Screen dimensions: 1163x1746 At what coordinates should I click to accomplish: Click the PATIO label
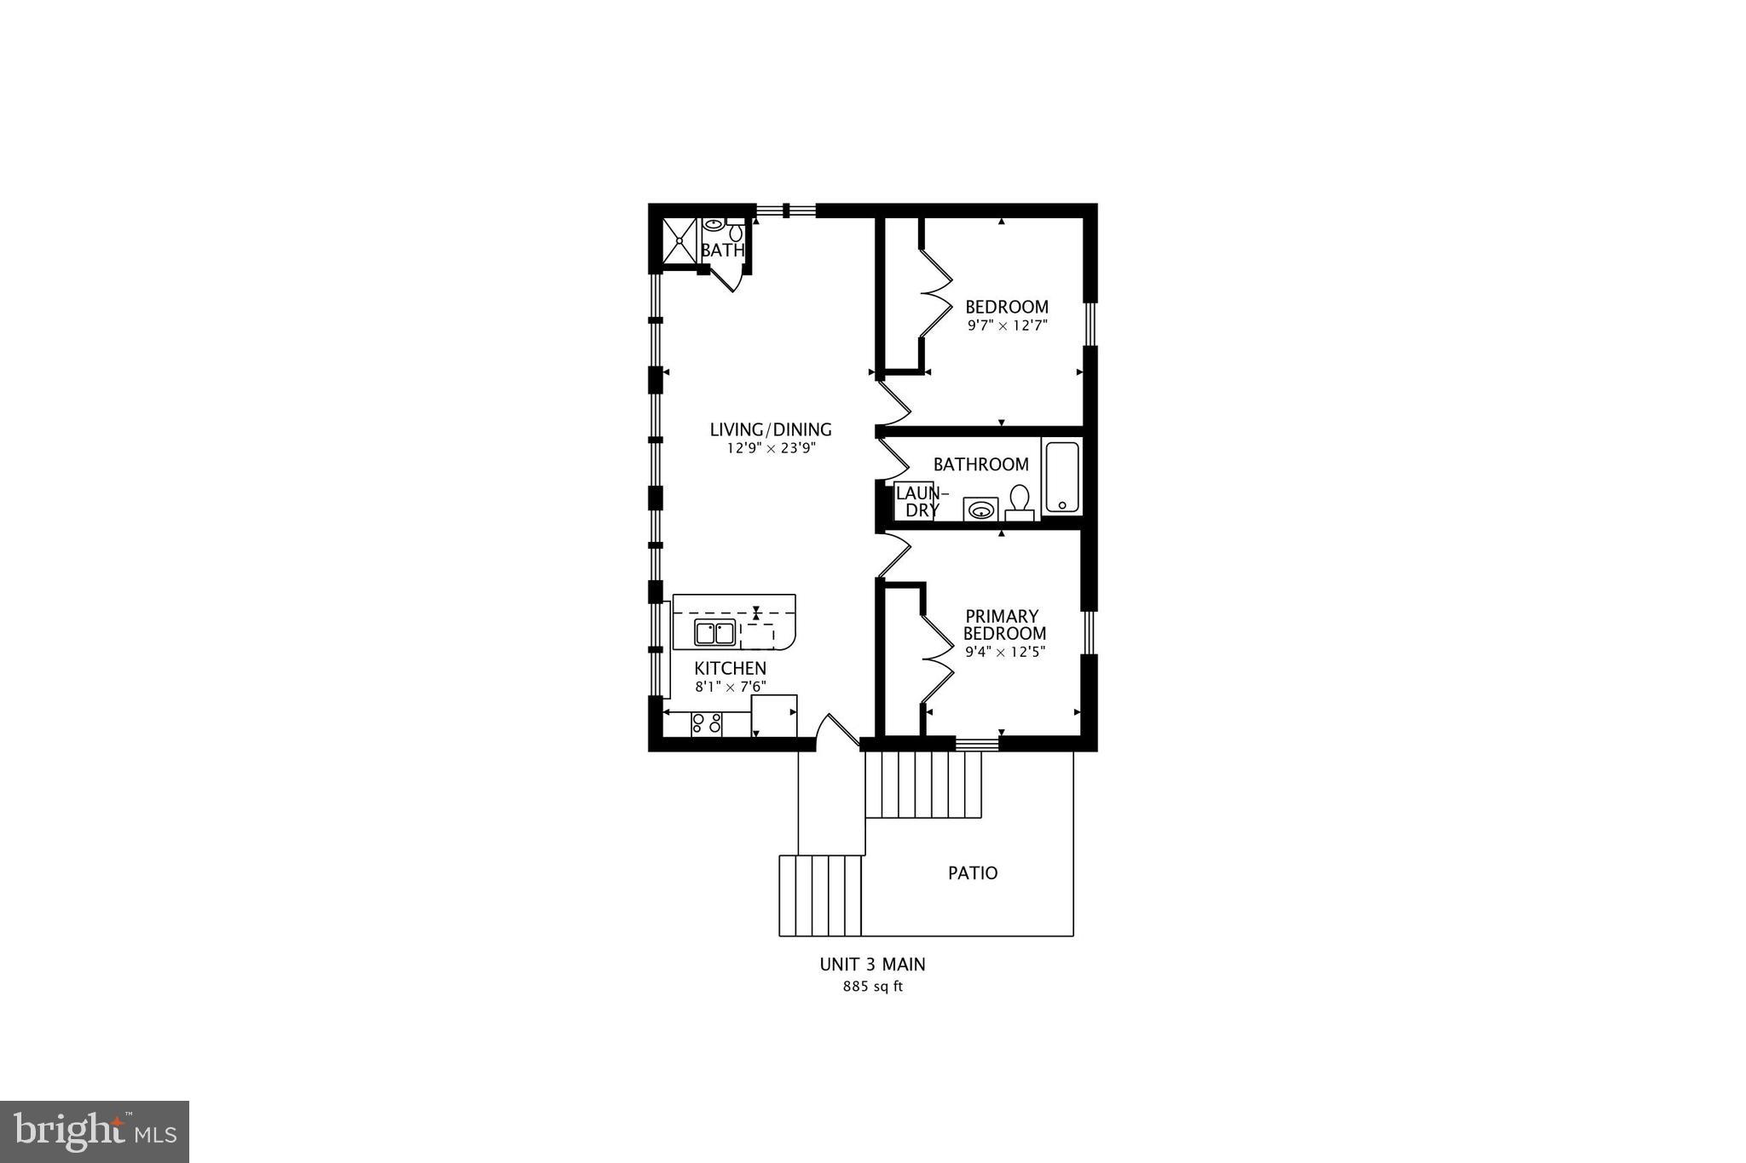[973, 873]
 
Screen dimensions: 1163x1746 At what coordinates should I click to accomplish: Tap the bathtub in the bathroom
[1061, 476]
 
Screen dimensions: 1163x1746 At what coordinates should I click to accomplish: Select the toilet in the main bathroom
[1020, 502]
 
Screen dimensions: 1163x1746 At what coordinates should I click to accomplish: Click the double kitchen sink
[714, 633]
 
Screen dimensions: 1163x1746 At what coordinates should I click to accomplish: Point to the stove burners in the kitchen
[707, 724]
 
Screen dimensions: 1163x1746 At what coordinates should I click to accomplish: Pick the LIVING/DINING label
[771, 430]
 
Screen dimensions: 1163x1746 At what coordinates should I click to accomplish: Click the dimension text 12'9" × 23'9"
[771, 449]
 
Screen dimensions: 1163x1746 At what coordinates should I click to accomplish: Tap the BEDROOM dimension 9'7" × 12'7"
[1006, 325]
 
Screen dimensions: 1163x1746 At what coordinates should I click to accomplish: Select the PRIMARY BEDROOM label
[1003, 625]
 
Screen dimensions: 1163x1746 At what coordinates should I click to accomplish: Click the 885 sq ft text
[872, 987]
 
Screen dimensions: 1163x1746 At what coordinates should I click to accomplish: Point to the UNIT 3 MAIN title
[872, 964]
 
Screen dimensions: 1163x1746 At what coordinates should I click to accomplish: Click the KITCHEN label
[730, 669]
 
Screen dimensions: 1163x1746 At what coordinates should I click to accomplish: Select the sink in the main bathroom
[980, 510]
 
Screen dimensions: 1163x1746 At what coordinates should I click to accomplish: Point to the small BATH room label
[722, 250]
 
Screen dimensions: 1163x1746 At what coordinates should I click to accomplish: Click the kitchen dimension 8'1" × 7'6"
[730, 687]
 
